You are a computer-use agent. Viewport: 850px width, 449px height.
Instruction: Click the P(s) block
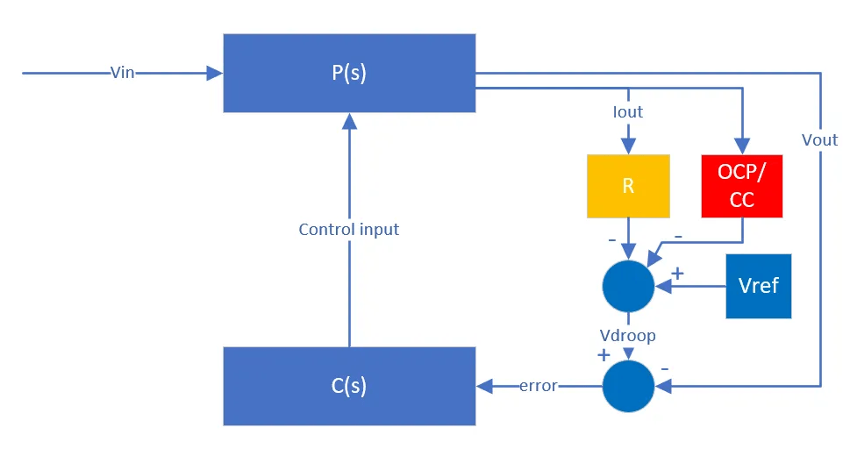click(349, 73)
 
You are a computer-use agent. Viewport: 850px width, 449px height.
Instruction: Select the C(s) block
click(349, 386)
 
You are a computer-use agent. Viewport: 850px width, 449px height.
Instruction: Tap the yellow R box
click(628, 186)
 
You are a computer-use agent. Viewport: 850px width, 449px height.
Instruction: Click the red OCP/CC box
click(741, 186)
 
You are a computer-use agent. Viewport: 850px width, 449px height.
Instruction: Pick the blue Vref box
click(758, 286)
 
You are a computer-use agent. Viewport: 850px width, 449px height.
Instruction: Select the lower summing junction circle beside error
click(628, 386)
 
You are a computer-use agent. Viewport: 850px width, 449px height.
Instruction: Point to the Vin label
click(123, 73)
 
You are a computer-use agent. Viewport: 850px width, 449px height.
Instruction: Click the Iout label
click(628, 112)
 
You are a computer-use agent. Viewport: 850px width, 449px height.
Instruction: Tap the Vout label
click(819, 139)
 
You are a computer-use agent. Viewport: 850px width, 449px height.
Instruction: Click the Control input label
click(348, 230)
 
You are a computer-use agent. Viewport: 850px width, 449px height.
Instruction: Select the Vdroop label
click(628, 336)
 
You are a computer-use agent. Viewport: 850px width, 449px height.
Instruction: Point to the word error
click(538, 386)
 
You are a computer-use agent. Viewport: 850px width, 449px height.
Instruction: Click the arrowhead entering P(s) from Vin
click(215, 73)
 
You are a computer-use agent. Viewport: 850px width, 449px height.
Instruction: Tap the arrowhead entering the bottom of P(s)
click(349, 121)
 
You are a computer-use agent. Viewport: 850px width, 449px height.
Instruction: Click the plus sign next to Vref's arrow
click(677, 274)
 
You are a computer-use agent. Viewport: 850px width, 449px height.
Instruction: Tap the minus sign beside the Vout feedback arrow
click(664, 368)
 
